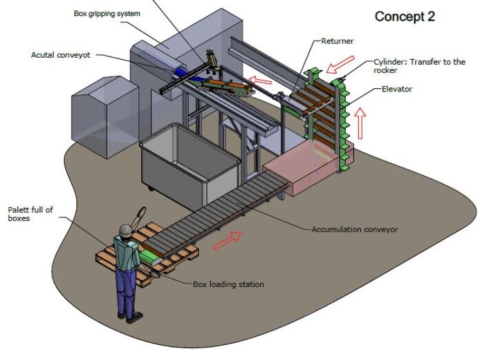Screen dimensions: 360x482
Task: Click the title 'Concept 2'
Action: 405,17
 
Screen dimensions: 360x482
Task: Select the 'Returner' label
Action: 337,42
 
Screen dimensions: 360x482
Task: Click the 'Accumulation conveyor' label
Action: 355,229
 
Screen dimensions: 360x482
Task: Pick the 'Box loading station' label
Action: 228,284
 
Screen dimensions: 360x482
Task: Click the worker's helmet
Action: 125,230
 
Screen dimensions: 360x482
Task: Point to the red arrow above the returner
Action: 341,65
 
